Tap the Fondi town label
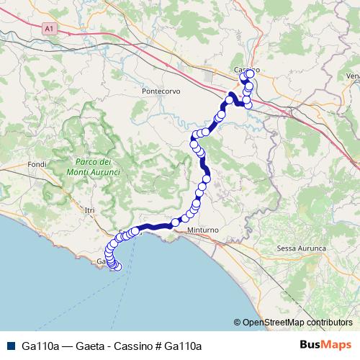tap(37, 164)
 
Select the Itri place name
tap(89, 210)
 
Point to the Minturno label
tap(210, 230)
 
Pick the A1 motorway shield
tap(49, 29)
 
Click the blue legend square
tap(9, 345)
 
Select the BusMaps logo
tap(325, 345)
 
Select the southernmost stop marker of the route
tap(118, 267)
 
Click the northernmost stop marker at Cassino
tap(250, 73)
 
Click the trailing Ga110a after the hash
tap(182, 346)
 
